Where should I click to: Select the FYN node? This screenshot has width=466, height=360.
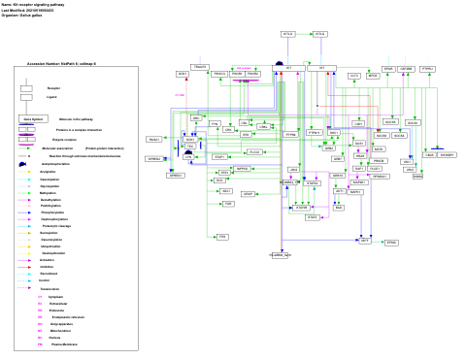pyautogui.click(x=215, y=124)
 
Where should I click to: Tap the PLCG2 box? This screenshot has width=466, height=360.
pyautogui.click(x=254, y=152)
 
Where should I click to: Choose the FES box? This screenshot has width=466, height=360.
pyautogui.click(x=222, y=237)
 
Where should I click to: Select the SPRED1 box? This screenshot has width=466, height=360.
pyautogui.click(x=176, y=176)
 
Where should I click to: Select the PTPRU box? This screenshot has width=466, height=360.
pyautogui.click(x=428, y=69)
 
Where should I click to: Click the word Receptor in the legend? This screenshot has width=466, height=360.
pyautogui.click(x=53, y=88)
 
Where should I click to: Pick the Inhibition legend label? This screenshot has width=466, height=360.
pyautogui.click(x=48, y=267)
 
